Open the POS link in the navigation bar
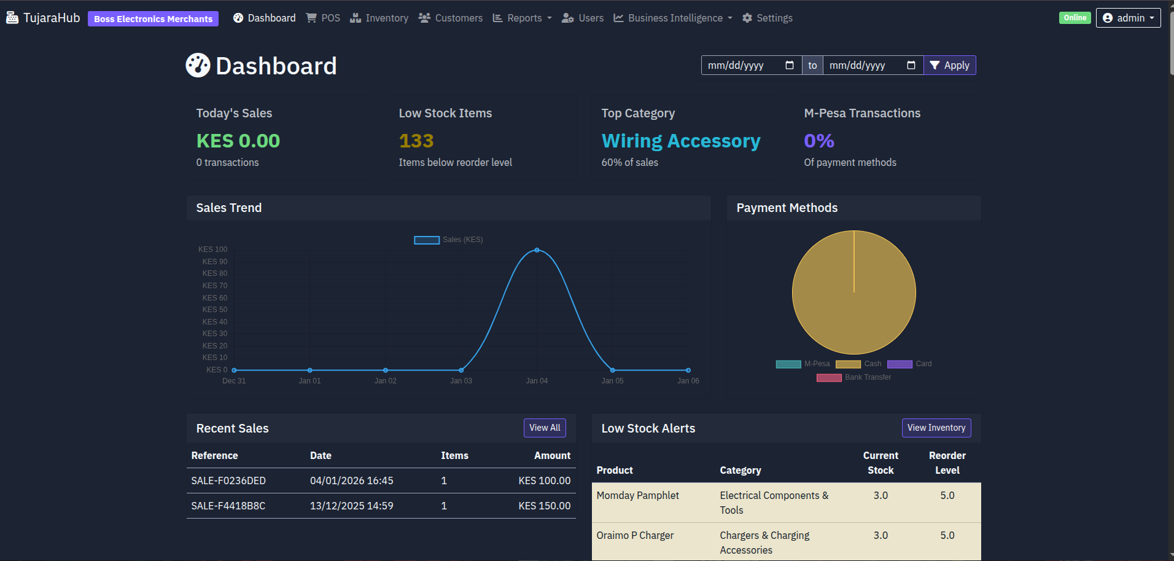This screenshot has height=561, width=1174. (324, 18)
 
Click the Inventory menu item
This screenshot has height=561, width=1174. (379, 18)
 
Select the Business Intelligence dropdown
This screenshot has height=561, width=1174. (673, 18)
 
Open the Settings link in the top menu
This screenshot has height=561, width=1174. (768, 18)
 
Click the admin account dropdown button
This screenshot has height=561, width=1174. (1128, 18)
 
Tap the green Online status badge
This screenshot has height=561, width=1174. (1075, 18)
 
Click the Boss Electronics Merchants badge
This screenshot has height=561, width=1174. (153, 19)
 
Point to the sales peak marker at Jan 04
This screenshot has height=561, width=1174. (537, 250)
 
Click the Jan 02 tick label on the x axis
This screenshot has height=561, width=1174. (386, 381)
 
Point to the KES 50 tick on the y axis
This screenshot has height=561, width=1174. (215, 310)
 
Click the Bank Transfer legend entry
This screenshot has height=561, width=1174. (854, 377)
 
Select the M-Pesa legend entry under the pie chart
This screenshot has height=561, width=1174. (803, 364)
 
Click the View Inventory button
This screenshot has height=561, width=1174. (936, 428)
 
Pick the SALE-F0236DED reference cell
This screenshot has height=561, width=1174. (228, 481)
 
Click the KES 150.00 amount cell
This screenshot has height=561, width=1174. (544, 506)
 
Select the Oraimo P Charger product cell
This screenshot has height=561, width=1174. (635, 535)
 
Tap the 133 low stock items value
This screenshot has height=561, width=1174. (416, 141)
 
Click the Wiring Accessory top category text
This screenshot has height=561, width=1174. (680, 141)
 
